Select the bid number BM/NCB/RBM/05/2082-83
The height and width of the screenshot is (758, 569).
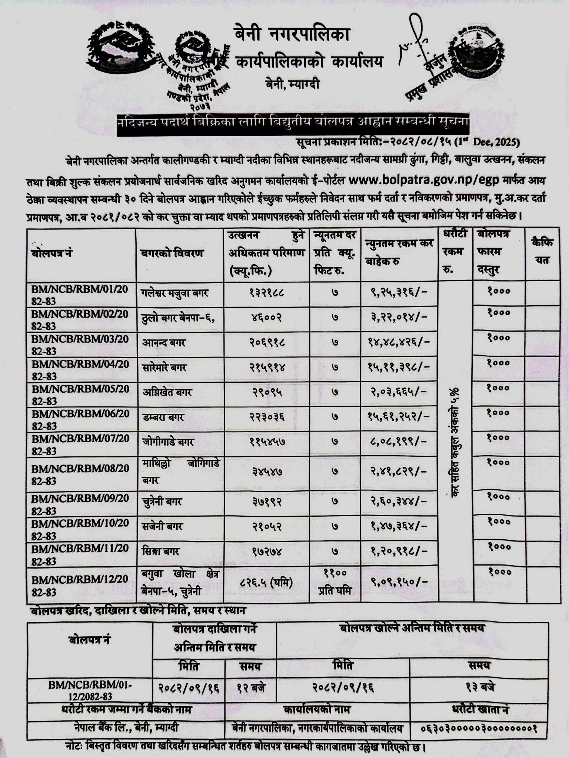coord(80,395)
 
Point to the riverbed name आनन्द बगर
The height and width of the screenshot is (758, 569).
coord(164,342)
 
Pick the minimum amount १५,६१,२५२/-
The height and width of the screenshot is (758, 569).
coord(399,417)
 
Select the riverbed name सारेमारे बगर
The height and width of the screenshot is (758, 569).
coord(164,368)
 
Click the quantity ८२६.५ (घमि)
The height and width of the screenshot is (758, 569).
coord(266,583)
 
